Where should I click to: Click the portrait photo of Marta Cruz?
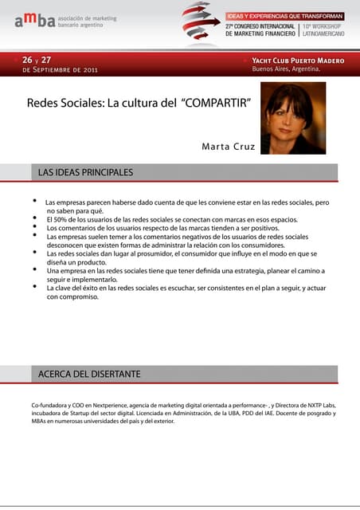[x=293, y=118]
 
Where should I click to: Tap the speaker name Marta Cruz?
[x=229, y=147]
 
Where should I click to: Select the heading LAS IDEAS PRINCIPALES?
[x=86, y=172]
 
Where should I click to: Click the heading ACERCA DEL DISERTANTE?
[x=90, y=374]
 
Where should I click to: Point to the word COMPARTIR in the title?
[x=217, y=104]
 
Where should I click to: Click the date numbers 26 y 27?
[x=37, y=61]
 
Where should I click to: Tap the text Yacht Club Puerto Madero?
[x=298, y=61]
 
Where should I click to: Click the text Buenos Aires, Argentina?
[x=286, y=69]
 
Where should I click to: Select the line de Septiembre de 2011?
[x=61, y=70]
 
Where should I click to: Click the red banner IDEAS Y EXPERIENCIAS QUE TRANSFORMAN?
[x=285, y=15]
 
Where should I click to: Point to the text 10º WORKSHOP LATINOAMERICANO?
[x=323, y=30]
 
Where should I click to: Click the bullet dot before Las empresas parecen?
[x=34, y=202]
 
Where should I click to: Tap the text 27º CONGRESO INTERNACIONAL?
[x=261, y=26]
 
